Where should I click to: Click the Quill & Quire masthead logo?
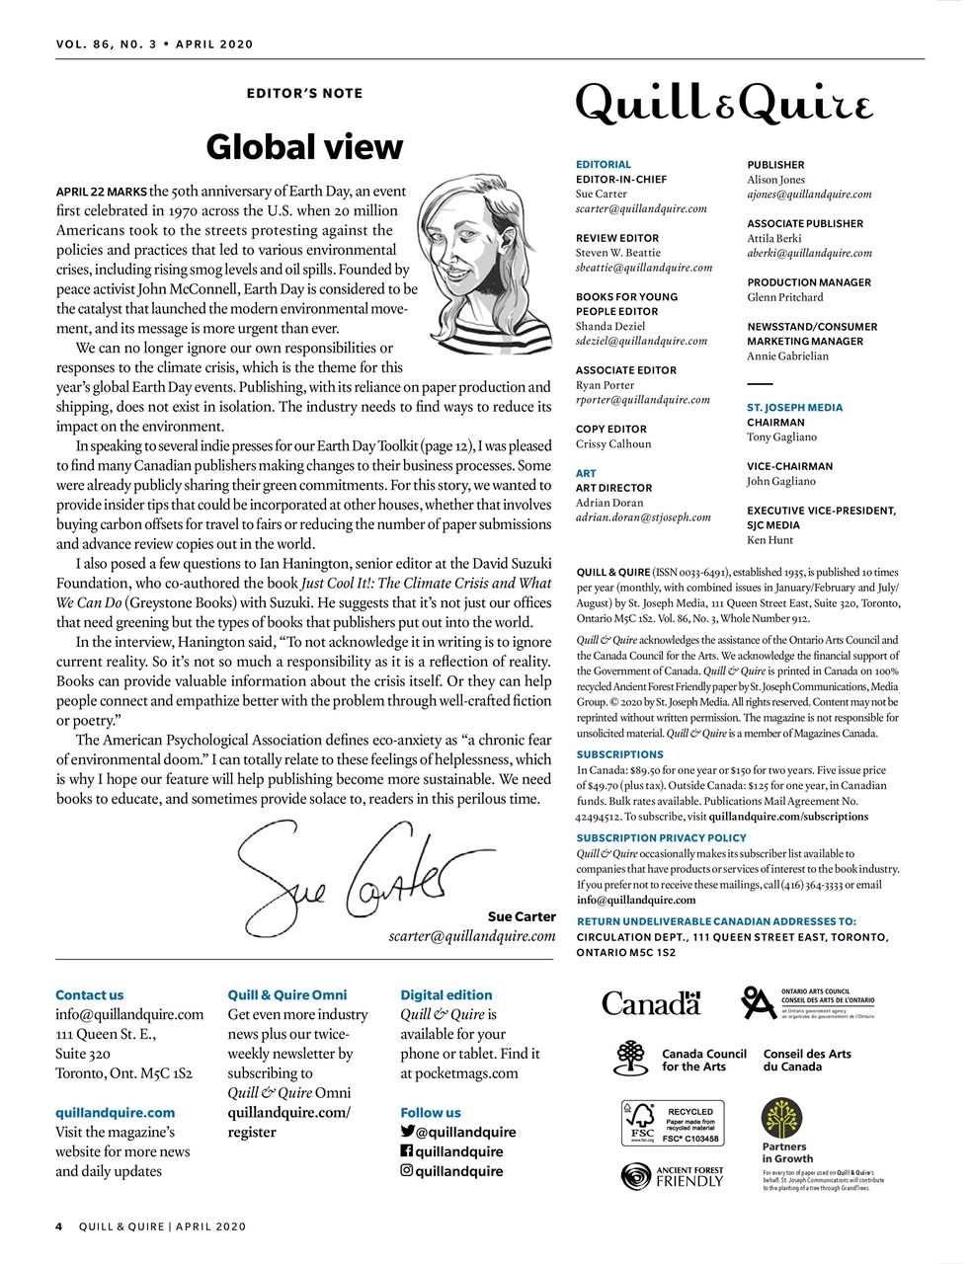point(724,103)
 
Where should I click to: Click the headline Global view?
point(304,147)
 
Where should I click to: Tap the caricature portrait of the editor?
point(481,267)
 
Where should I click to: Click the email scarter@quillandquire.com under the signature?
point(471,936)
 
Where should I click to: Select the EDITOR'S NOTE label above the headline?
point(304,93)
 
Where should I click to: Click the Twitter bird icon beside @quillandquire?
point(407,1132)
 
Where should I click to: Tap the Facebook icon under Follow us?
point(406,1151)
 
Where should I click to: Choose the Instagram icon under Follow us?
point(406,1171)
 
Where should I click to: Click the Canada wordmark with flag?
point(651,1003)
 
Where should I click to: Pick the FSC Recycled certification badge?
point(673,1124)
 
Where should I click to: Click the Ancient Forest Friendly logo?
point(673,1176)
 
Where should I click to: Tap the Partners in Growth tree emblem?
point(783,1120)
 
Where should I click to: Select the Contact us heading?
point(90,995)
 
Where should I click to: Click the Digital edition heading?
point(445,995)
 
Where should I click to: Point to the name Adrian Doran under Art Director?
point(608,503)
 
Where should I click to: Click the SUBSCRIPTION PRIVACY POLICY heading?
point(662,837)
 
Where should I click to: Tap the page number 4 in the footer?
point(59,1226)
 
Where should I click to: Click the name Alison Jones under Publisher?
point(775,180)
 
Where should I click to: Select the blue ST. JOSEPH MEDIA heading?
point(794,407)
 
